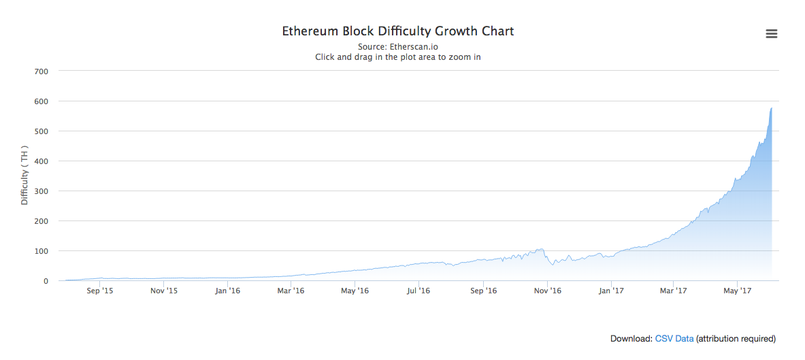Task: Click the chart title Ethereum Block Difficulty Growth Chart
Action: [398, 31]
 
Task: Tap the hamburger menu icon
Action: [771, 34]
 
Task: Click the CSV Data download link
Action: [674, 339]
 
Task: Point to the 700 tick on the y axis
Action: [41, 71]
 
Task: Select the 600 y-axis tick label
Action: [41, 101]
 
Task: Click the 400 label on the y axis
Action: [41, 161]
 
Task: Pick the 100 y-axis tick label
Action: [41, 250]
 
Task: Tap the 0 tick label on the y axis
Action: [46, 281]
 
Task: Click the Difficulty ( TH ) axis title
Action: [24, 176]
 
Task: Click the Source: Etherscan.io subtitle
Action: [398, 47]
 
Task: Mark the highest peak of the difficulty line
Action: [771, 108]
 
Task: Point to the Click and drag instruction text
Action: [398, 57]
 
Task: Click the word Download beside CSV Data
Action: [631, 339]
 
